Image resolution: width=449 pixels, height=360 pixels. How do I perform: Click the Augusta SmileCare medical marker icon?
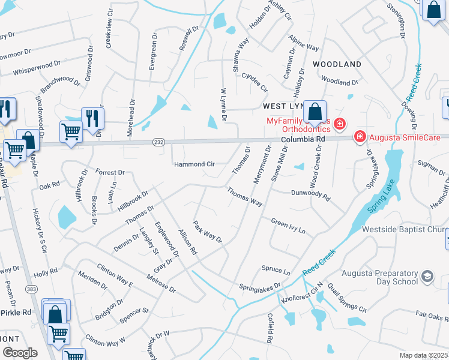[360, 137]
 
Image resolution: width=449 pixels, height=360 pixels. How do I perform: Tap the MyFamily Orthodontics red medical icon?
[340, 125]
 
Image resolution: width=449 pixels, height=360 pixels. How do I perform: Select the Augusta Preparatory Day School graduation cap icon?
[427, 277]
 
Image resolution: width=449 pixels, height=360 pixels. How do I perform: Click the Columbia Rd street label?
[303, 139]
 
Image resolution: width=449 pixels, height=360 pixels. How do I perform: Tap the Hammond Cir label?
[194, 164]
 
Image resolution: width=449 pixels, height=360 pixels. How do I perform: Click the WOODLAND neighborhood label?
[337, 64]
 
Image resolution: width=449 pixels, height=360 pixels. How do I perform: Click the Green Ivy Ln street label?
[288, 226]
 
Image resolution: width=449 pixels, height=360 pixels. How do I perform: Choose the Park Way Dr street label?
[208, 232]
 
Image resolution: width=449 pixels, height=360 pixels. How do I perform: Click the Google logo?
[20, 352]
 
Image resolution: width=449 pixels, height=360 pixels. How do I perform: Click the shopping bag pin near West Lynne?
[315, 112]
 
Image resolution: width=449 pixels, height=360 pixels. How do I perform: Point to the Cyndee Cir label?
[255, 82]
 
